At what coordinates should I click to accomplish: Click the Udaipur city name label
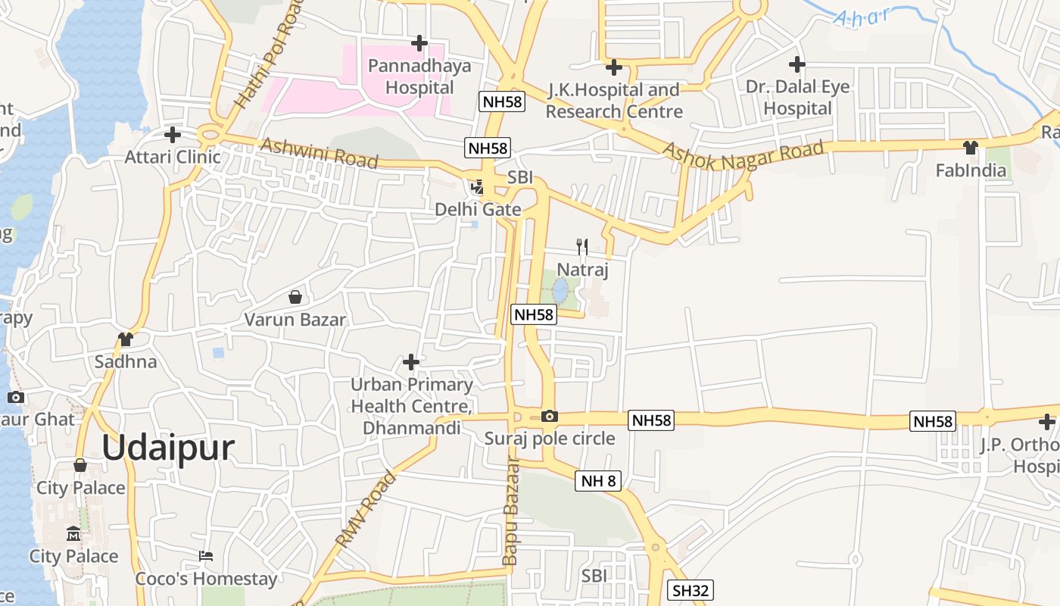(168, 448)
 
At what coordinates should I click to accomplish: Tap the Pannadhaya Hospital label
(419, 77)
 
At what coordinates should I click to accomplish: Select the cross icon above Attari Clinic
(173, 135)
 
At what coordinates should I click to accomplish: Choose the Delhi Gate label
(478, 209)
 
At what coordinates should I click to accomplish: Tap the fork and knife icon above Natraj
(582, 246)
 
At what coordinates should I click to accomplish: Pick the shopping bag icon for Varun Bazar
(295, 297)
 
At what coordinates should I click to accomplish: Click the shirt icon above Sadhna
(126, 339)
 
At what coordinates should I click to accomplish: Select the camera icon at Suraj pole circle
(550, 416)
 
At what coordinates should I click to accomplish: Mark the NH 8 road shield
(597, 480)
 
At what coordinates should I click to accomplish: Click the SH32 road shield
(691, 590)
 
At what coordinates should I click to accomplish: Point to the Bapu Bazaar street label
(510, 511)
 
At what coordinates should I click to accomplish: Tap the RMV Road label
(366, 508)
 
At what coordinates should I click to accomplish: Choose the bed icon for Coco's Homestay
(206, 556)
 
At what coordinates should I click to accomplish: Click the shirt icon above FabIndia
(971, 147)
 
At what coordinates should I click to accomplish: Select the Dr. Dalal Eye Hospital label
(797, 98)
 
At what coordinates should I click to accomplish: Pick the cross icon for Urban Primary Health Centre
(411, 362)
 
